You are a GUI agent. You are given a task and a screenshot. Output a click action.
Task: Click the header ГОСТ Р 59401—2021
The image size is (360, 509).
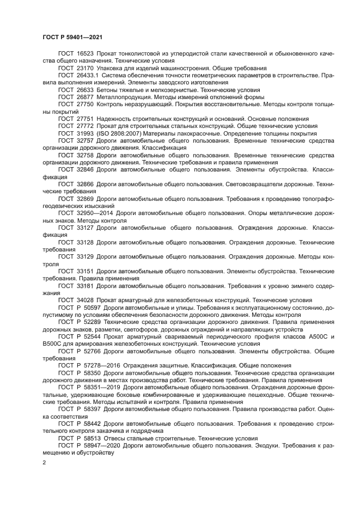[72, 36]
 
